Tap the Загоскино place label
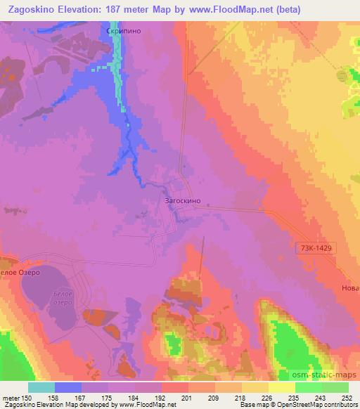coord(183,201)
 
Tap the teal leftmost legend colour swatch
coord(41,387)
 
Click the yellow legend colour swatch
coord(281,387)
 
